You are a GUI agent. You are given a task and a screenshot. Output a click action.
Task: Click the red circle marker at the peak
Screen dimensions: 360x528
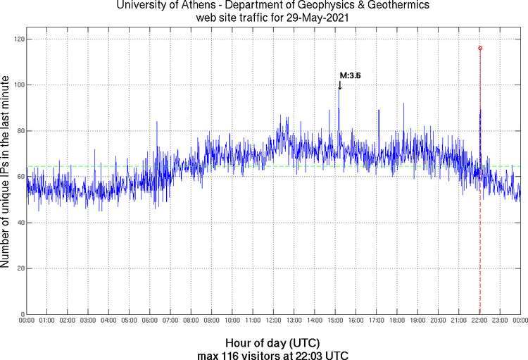tap(480, 48)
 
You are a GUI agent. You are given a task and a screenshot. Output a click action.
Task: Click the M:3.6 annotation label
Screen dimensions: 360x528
tap(350, 75)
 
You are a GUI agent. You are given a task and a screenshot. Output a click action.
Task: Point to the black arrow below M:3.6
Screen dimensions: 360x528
tap(339, 85)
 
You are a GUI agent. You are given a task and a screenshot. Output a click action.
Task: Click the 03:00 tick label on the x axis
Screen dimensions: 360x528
tap(88, 321)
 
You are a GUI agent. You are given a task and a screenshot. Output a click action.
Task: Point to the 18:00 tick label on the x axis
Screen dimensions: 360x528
tap(397, 321)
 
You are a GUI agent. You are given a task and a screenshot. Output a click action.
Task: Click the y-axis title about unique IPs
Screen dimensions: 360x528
tap(6, 173)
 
